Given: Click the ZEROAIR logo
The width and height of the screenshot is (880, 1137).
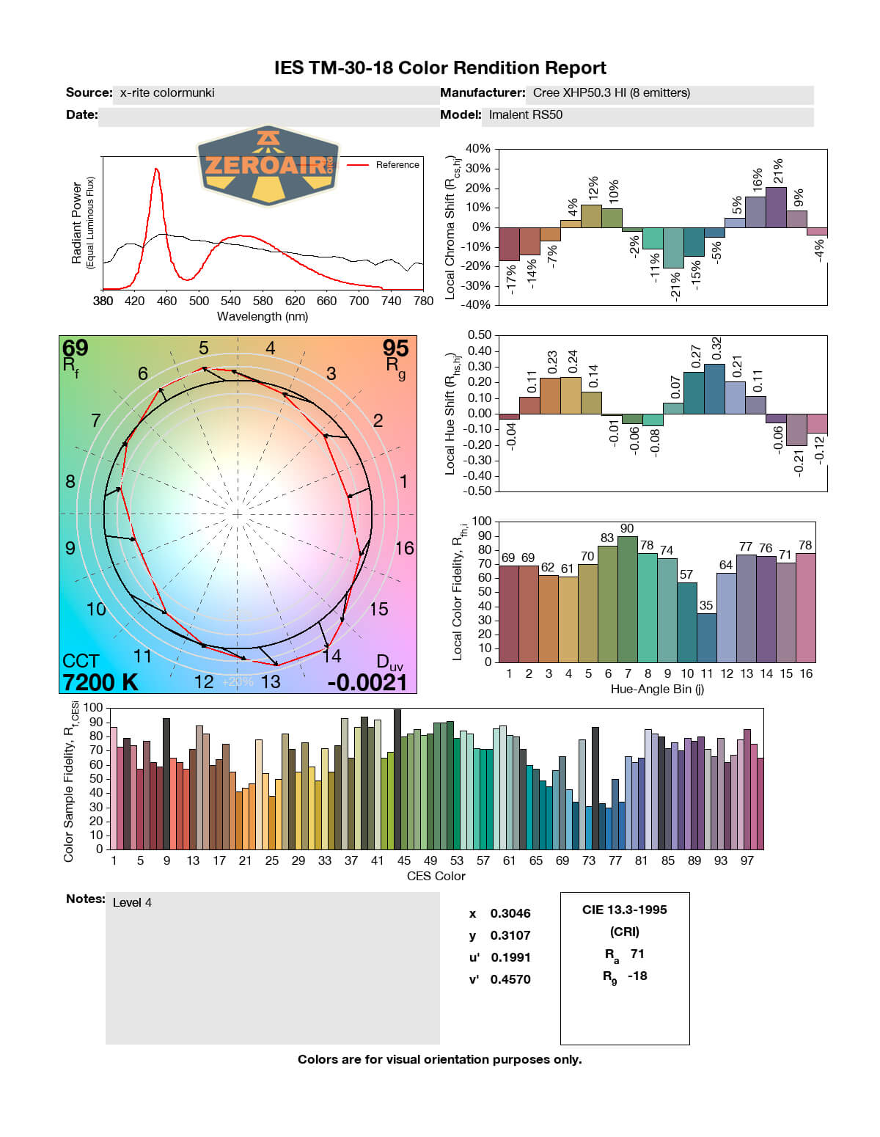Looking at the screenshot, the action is (x=268, y=165).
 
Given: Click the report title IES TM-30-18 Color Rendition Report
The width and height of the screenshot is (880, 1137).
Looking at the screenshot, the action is (x=440, y=68).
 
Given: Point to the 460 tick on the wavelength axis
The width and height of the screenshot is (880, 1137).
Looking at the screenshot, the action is (x=166, y=301).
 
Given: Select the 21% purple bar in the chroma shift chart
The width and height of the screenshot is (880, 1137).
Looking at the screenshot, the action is (x=776, y=207).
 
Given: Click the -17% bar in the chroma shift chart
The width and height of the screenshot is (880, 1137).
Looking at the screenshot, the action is (x=509, y=244).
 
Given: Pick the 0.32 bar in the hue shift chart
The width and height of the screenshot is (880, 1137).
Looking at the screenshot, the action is (x=714, y=389).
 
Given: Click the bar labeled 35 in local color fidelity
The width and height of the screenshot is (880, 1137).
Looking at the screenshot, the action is (x=706, y=637).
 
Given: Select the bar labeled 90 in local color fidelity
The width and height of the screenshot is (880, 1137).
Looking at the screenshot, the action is (x=628, y=599).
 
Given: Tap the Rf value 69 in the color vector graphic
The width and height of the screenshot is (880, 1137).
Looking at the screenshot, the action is (x=76, y=348).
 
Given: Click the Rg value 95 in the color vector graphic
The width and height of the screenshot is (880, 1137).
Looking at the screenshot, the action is (x=395, y=348).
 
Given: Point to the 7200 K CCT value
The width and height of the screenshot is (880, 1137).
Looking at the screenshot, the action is (x=100, y=682).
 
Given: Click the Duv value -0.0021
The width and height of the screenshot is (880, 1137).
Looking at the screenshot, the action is (x=367, y=682).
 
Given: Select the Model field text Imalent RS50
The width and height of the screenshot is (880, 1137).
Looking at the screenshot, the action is (x=526, y=114).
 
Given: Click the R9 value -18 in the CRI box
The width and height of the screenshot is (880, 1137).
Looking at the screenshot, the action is (x=637, y=976).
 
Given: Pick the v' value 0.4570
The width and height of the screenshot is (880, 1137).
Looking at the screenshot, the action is (x=510, y=979).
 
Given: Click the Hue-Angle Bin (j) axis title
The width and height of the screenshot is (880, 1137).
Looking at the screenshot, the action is (x=657, y=689).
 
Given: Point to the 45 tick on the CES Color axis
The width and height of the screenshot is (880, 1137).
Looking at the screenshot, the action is (x=403, y=860).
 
